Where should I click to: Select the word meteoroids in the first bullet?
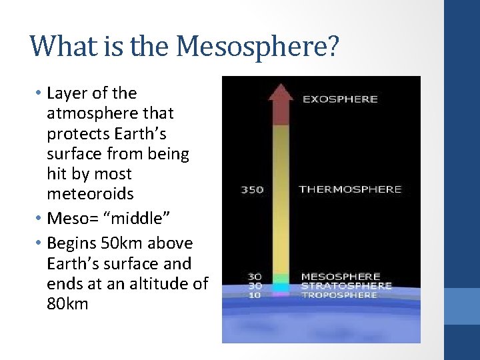pyautogui.click(x=90, y=194)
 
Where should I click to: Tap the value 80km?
pyautogui.click(x=67, y=304)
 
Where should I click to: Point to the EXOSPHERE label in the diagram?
pyautogui.click(x=340, y=99)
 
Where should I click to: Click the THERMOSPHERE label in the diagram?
pyautogui.click(x=350, y=189)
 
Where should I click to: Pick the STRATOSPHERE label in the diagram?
pyautogui.click(x=346, y=286)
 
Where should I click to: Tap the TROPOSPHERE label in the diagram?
pyautogui.click(x=340, y=295)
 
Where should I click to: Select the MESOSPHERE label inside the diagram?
pyautogui.click(x=341, y=277)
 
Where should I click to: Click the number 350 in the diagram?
pyautogui.click(x=252, y=190)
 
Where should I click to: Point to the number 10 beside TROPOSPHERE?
pyautogui.click(x=255, y=295)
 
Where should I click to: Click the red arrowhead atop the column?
pyautogui.click(x=281, y=93)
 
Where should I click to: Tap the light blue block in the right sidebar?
pyautogui.click(x=462, y=306)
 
